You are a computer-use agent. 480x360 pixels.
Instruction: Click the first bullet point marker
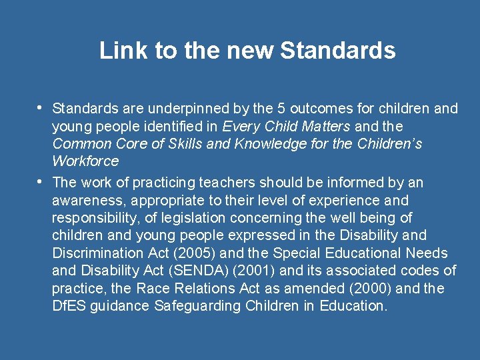41,107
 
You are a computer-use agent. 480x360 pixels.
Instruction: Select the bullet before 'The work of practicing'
41,181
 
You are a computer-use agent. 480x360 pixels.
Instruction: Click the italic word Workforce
85,161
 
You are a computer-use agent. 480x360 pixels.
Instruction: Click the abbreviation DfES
67,306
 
